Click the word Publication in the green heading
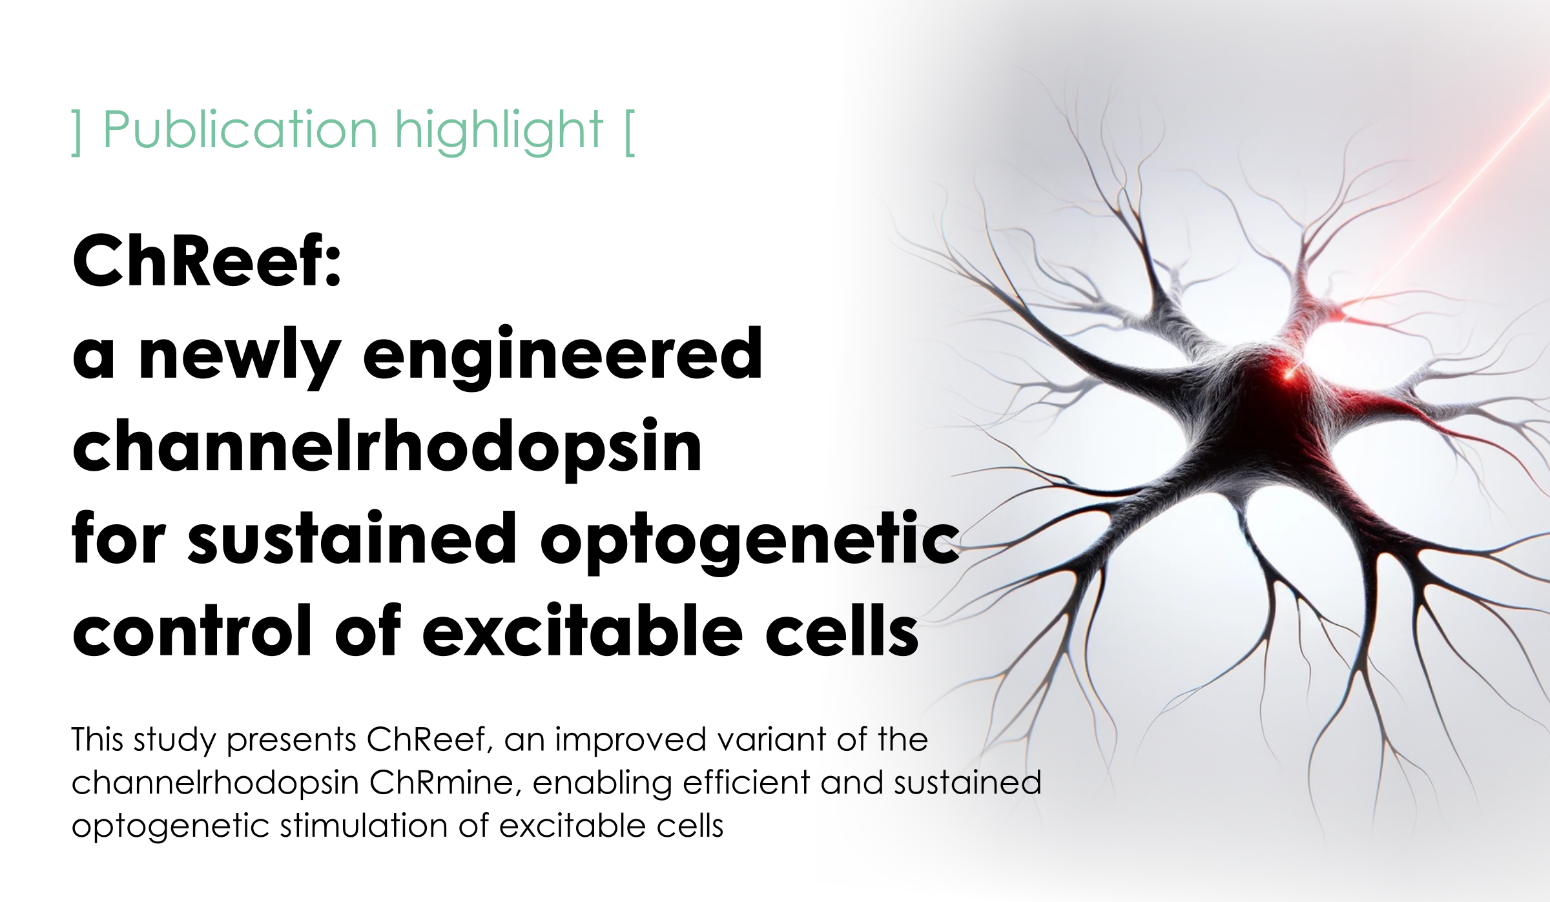tap(240, 130)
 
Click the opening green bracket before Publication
tap(77, 132)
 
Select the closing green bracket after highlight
tap(630, 132)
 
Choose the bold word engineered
tap(563, 356)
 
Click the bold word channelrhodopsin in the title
tap(387, 449)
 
